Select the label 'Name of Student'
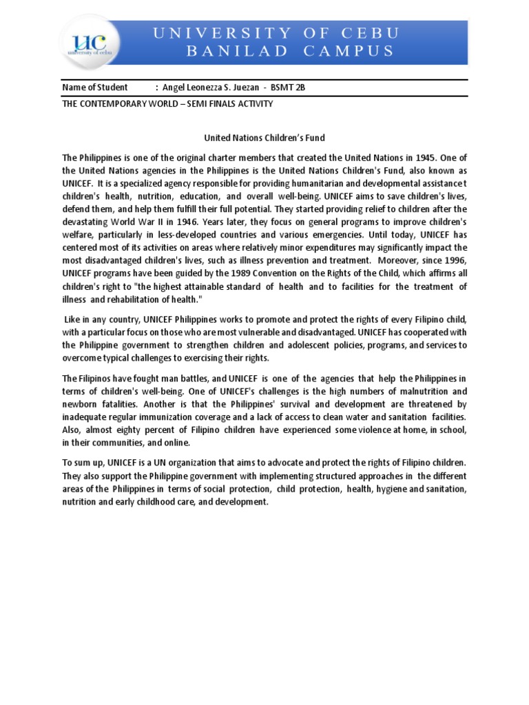point(95,87)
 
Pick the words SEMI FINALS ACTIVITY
point(227,104)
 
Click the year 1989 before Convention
point(247,273)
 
